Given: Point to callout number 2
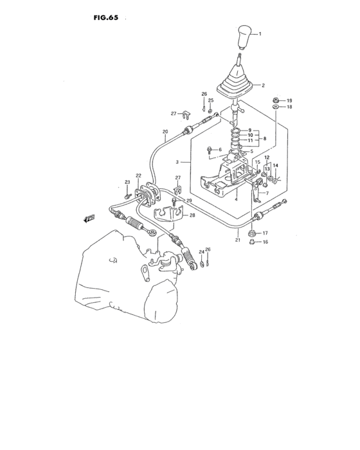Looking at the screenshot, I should pyautogui.click(x=262, y=85).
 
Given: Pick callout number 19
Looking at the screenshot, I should pyautogui.click(x=289, y=101).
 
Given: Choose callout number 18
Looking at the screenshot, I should pyautogui.click(x=289, y=107).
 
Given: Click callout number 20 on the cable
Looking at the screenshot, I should pyautogui.click(x=165, y=132).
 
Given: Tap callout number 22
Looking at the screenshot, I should pyautogui.click(x=139, y=175).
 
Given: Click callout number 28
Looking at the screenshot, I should pyautogui.click(x=192, y=216).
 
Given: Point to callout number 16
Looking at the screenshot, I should pyautogui.click(x=265, y=242).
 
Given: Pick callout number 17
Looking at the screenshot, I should pyautogui.click(x=265, y=233).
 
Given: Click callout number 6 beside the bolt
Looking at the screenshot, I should pyautogui.click(x=219, y=150).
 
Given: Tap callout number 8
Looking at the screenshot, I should pyautogui.click(x=264, y=138).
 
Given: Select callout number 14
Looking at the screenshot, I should pyautogui.click(x=275, y=166).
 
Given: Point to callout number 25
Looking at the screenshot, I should pyautogui.click(x=210, y=101).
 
